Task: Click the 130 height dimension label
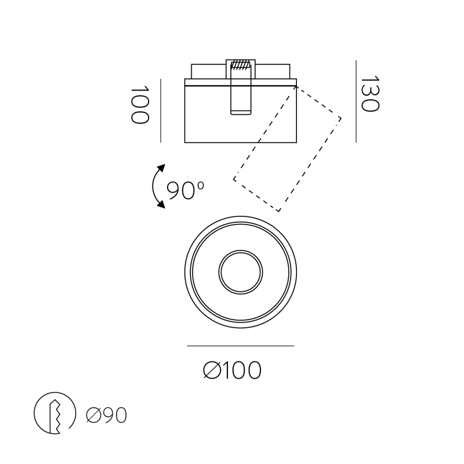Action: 370,94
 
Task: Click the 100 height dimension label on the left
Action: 140,105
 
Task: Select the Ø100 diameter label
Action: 233,370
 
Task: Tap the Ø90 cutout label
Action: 107,415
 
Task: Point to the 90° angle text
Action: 185,190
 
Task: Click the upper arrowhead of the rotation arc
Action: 161,168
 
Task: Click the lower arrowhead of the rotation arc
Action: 161,205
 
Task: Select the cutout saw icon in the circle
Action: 55,413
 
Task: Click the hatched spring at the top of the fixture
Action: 240,65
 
